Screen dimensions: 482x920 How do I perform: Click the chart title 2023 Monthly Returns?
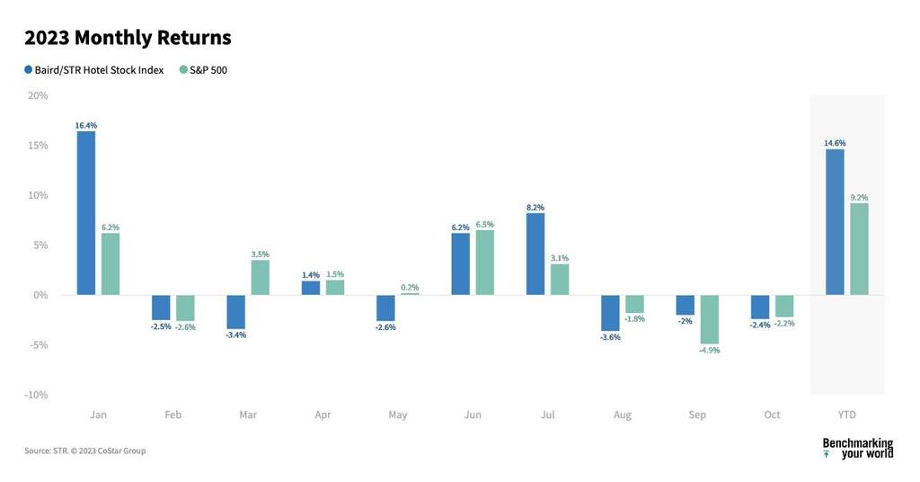tap(128, 38)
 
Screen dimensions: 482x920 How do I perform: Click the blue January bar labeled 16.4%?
tap(86, 213)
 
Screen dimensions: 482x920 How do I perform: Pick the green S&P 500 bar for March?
tap(260, 278)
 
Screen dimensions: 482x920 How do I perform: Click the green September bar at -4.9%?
tap(709, 319)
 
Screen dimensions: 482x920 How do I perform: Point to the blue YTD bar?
tap(835, 222)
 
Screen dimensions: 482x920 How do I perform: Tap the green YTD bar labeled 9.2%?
tap(859, 249)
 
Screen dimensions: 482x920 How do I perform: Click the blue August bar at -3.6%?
tap(610, 313)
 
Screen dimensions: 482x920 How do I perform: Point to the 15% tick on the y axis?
tap(39, 146)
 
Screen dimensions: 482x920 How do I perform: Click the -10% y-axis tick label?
tap(37, 395)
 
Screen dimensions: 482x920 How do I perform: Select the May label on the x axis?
tap(397, 415)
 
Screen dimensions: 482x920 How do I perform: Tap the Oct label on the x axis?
tap(772, 415)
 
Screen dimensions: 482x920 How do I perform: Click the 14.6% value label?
tap(835, 143)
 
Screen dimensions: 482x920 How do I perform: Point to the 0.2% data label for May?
tap(410, 288)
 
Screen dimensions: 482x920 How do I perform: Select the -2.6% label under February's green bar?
tap(185, 326)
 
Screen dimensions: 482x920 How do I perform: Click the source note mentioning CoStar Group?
tap(84, 451)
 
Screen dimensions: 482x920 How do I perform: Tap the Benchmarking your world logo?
tap(857, 448)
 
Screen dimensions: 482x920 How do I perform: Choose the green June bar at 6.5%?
tap(484, 263)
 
